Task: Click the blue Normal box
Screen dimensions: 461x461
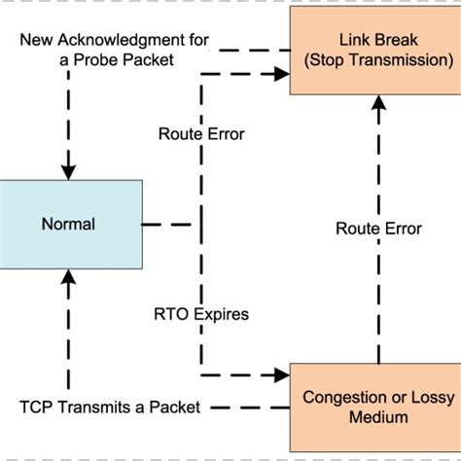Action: [x=67, y=224]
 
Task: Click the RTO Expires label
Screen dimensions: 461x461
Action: [x=201, y=314]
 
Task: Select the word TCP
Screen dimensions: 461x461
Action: [x=36, y=407]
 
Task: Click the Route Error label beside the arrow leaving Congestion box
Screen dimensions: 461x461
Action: [x=378, y=229]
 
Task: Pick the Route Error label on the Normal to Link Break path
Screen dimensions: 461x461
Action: [x=201, y=133]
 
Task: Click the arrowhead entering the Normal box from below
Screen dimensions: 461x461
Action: [x=67, y=276]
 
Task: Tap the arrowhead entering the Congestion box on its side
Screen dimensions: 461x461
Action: [x=283, y=373]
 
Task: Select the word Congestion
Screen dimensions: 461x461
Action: [x=340, y=397]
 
